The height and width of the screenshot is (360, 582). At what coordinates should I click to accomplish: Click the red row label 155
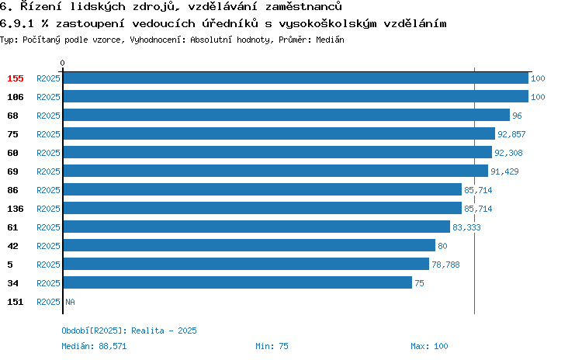(x=16, y=78)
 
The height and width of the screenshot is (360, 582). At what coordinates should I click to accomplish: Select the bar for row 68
(x=286, y=115)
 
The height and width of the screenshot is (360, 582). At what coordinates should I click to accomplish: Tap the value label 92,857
(x=511, y=134)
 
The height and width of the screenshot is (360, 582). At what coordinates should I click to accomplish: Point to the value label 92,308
(x=508, y=153)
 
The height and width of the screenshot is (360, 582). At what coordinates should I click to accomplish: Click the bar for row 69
(x=275, y=171)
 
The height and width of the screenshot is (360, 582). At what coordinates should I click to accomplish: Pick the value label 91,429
(x=504, y=171)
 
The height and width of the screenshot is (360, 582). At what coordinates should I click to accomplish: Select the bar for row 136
(x=262, y=208)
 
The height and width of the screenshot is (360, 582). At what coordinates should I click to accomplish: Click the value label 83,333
(x=466, y=227)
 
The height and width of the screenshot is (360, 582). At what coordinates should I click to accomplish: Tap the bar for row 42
(x=249, y=245)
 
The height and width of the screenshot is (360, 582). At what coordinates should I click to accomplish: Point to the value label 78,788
(x=445, y=265)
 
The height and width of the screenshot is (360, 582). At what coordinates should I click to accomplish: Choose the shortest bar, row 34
(x=237, y=282)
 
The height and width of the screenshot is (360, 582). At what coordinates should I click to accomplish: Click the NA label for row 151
(x=70, y=302)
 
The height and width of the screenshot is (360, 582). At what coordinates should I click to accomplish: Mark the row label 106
(x=16, y=97)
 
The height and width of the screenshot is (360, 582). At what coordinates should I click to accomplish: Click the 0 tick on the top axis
(x=62, y=63)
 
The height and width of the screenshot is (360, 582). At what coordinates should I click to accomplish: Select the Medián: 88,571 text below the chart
(x=94, y=346)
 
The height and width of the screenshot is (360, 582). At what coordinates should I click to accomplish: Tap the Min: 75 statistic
(x=272, y=346)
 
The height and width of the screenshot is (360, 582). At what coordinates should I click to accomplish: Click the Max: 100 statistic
(x=429, y=346)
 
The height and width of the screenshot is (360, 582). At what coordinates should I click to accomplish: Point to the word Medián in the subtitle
(x=330, y=40)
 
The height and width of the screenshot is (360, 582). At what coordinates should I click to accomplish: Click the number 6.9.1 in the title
(x=17, y=24)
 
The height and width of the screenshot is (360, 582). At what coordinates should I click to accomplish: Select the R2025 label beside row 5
(x=48, y=265)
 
